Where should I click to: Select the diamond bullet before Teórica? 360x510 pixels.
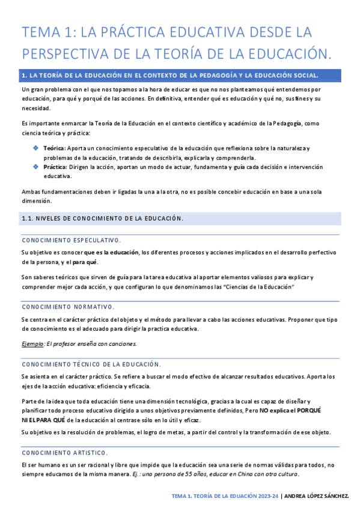[35, 147]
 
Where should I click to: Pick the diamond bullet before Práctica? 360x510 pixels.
[35, 167]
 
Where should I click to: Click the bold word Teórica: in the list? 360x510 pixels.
[54, 148]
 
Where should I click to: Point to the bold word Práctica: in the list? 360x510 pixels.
[55, 167]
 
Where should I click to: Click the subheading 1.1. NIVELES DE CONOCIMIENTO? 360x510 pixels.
[102, 218]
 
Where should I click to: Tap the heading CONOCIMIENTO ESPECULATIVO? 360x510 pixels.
[71, 240]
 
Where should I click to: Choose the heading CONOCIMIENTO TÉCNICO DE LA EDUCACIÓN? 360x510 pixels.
[91, 364]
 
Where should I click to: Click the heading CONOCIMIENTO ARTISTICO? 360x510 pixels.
[65, 452]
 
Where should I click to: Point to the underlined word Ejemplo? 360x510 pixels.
[32, 343]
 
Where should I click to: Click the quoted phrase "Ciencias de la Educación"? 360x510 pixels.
[258, 287]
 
